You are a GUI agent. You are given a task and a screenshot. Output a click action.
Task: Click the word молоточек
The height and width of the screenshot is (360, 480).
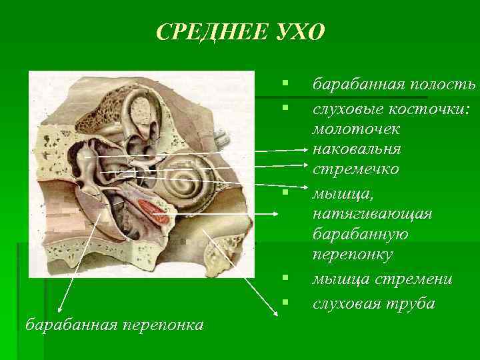(354, 127)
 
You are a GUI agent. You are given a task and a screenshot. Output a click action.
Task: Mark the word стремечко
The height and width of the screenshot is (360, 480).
(356, 169)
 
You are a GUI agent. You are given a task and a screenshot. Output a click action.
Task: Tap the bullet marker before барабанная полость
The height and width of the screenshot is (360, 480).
(285, 84)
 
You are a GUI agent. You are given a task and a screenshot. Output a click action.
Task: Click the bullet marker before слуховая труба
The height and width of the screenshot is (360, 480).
(285, 303)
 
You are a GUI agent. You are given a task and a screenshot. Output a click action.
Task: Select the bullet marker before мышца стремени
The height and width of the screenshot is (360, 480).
(285, 277)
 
